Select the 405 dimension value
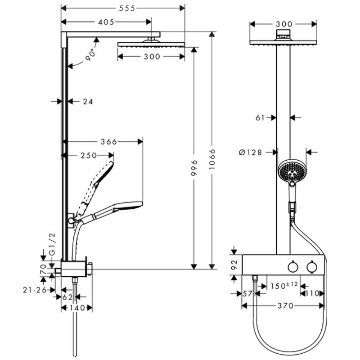coord(106,22)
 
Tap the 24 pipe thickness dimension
coord(88,102)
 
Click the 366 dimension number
coord(108,142)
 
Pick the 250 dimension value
coord(88,155)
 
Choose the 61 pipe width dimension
coord(260,117)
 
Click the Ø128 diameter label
coord(251,153)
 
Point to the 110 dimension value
coord(312,293)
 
